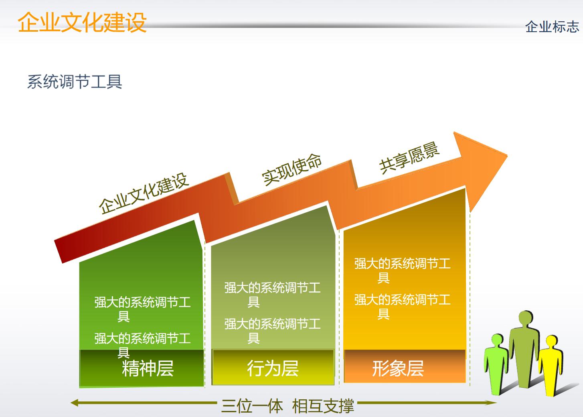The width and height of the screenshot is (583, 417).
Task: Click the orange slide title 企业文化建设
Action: tap(82, 22)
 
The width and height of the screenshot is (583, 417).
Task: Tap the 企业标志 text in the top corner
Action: tap(552, 27)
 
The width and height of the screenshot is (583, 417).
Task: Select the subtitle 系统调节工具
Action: tap(75, 81)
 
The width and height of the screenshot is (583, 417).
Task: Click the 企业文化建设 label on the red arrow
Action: tap(144, 193)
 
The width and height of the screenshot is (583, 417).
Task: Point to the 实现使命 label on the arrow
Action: tap(291, 169)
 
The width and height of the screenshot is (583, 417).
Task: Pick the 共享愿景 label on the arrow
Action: tap(409, 158)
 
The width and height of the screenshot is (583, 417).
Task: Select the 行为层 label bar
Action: tap(273, 368)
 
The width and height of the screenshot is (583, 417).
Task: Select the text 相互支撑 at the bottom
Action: tap(323, 406)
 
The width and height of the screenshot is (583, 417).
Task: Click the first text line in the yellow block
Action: tap(402, 264)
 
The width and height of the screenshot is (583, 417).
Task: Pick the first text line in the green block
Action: tap(142, 302)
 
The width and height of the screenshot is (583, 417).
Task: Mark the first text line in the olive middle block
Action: tap(272, 288)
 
